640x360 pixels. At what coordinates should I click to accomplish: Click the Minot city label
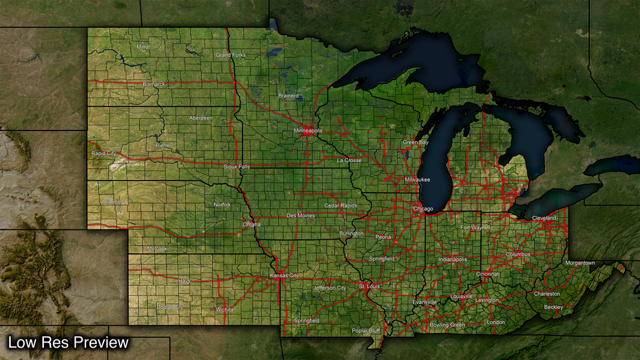click(143, 47)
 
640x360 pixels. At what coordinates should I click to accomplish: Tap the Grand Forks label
click(231, 55)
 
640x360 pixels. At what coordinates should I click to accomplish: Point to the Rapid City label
click(103, 153)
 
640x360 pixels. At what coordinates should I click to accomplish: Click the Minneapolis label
click(308, 131)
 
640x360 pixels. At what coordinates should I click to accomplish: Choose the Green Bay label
click(416, 142)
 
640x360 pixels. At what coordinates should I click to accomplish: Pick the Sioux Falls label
click(237, 166)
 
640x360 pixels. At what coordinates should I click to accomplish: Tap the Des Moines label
click(300, 215)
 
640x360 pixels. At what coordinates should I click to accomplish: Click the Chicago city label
click(423, 209)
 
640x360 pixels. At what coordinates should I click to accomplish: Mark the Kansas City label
click(284, 276)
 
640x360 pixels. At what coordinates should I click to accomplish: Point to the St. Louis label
click(370, 286)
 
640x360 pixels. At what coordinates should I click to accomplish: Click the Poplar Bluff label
click(366, 330)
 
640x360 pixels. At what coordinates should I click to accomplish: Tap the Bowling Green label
click(447, 324)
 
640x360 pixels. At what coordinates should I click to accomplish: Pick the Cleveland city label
click(544, 218)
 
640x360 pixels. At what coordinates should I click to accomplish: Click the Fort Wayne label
click(475, 228)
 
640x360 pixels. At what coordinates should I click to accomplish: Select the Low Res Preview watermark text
click(69, 343)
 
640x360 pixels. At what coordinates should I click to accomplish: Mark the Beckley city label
click(553, 307)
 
